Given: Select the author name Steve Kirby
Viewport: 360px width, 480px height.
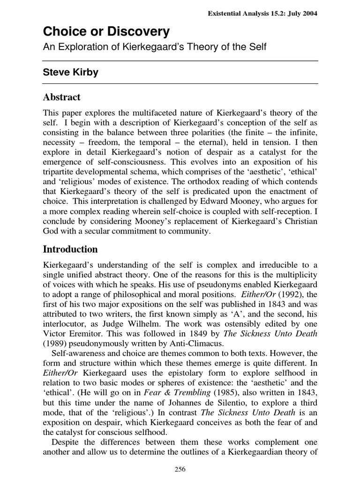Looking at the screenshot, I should point(70,73).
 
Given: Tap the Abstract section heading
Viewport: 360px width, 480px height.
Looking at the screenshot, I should point(62,97).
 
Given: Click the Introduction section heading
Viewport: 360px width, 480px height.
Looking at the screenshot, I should point(70,249).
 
